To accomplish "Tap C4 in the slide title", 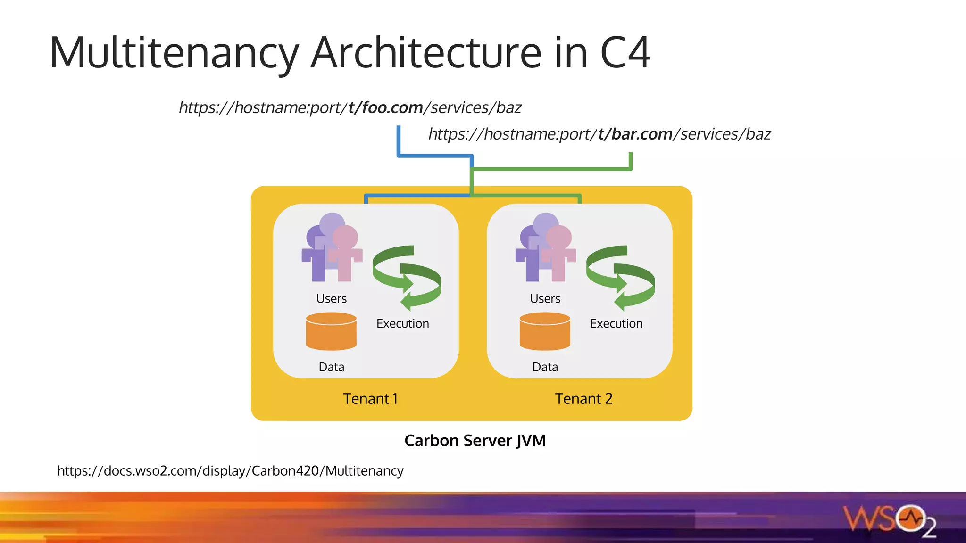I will coord(625,53).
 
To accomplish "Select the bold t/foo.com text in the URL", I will coord(385,108).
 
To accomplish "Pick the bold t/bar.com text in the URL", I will coord(635,134).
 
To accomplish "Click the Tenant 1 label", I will coord(370,399).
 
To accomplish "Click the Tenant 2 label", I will coord(583,399).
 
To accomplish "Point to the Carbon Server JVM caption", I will coord(475,441).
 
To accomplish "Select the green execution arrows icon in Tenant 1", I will coord(407,278).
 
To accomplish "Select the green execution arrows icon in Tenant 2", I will coord(620,278).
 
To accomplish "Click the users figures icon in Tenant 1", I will coord(332,249).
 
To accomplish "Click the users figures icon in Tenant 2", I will coord(546,249).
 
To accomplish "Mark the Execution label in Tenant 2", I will coord(616,324).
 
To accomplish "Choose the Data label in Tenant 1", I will coord(331,367).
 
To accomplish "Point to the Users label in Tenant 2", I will coord(545,299).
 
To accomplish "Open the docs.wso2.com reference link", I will coord(230,471).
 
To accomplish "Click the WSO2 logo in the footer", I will coord(889,520).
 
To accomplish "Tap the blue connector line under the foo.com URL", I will coord(399,141).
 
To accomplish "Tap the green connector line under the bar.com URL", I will coord(552,168).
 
